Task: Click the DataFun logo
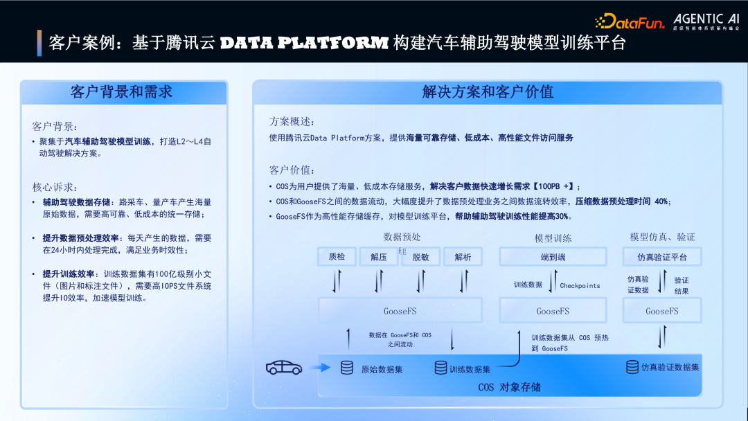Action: [630, 21]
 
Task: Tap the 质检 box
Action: [337, 257]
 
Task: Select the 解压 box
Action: [379, 257]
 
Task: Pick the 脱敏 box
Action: [420, 257]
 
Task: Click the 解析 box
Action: [463, 257]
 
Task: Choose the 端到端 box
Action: [553, 257]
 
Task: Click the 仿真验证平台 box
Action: [662, 257]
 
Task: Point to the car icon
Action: [284, 368]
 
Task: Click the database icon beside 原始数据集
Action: [346, 368]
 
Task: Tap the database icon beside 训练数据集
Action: [440, 368]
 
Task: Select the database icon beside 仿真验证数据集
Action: [632, 367]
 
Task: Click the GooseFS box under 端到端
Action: [553, 311]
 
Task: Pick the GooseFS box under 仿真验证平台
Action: [662, 311]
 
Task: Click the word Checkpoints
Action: [580, 285]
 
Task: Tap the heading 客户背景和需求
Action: [122, 92]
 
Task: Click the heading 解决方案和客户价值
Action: [488, 92]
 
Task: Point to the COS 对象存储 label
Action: [509, 387]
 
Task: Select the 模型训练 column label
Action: [553, 238]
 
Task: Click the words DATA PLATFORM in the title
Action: [304, 43]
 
